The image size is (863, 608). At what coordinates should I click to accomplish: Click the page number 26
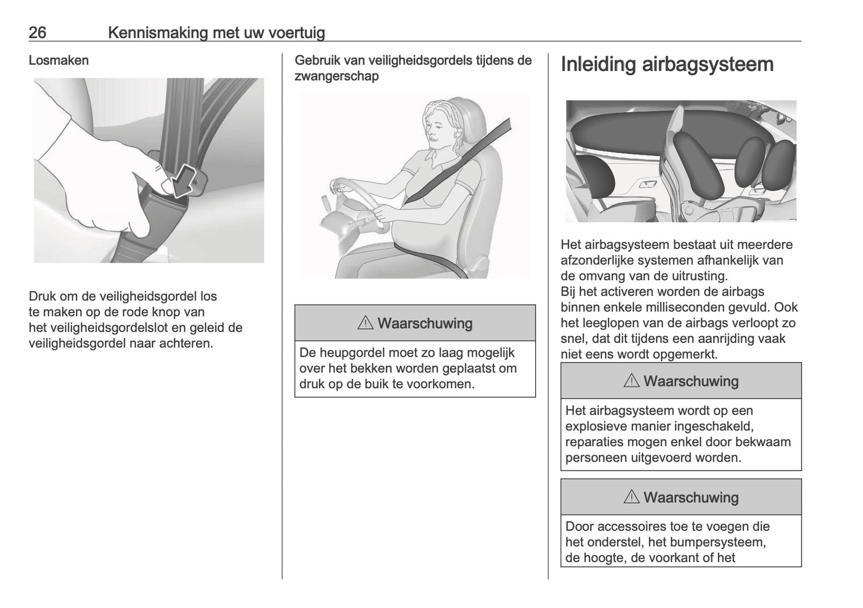click(38, 32)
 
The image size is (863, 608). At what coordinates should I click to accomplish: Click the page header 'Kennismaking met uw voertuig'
click(216, 32)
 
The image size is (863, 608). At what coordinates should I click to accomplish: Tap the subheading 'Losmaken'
click(59, 60)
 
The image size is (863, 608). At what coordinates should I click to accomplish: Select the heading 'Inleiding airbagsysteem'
click(667, 65)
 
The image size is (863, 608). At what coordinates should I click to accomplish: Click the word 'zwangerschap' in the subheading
click(336, 76)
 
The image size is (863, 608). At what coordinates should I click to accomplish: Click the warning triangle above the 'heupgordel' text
click(365, 323)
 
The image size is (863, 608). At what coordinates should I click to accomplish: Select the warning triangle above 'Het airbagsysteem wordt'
click(631, 381)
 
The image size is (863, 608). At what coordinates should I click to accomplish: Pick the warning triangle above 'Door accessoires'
click(631, 498)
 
